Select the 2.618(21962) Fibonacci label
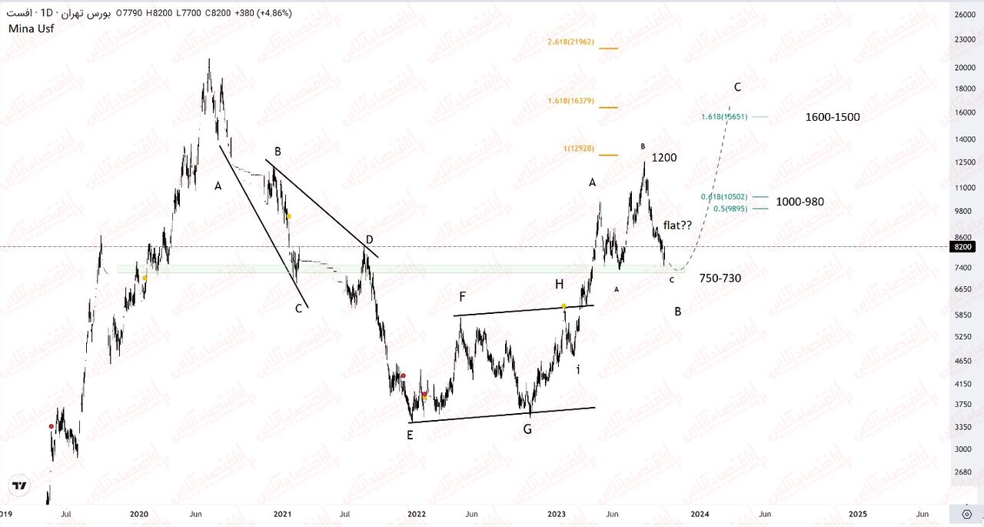coord(570,42)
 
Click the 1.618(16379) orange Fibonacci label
coord(570,101)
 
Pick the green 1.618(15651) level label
coord(724,117)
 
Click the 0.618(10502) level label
coord(724,197)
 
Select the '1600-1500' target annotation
coord(833,118)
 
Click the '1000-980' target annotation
coord(800,202)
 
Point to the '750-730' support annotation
coord(720,278)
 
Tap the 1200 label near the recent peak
coord(664,158)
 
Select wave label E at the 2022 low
coord(410,435)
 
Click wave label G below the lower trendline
coord(527,429)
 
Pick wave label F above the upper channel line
coord(462,295)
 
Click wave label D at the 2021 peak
coord(369,240)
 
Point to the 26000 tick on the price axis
coord(965,15)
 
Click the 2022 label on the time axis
coord(417,513)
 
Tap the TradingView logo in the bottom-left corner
coord(20,486)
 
